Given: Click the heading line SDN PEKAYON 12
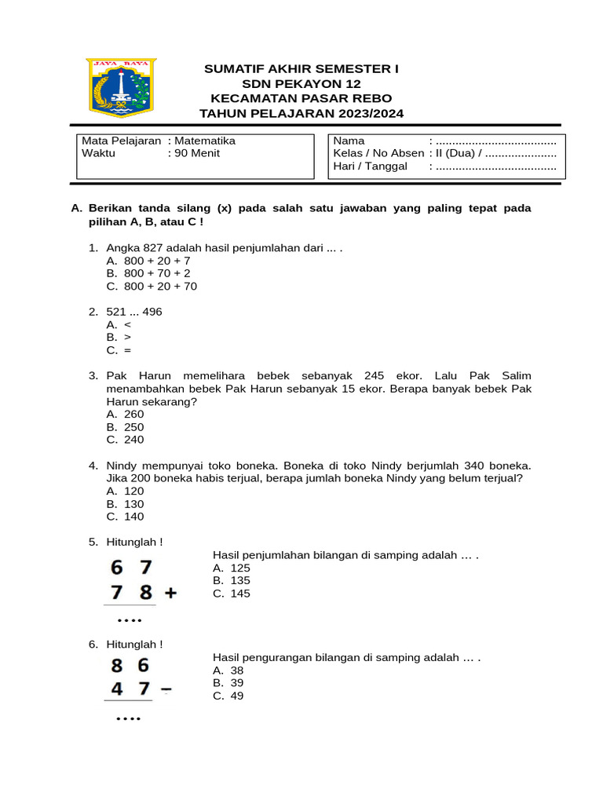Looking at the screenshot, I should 301,84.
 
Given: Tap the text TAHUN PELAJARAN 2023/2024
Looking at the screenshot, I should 301,113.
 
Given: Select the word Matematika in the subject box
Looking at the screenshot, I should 204,141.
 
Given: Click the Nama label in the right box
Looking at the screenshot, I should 349,141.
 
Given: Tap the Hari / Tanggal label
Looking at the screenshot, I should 371,166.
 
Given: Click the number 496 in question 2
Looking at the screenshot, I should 152,312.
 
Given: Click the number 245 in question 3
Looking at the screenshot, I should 378,375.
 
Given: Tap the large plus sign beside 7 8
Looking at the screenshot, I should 169,594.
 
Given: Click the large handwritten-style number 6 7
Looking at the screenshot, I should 133,567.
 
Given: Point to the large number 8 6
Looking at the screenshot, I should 130,666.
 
